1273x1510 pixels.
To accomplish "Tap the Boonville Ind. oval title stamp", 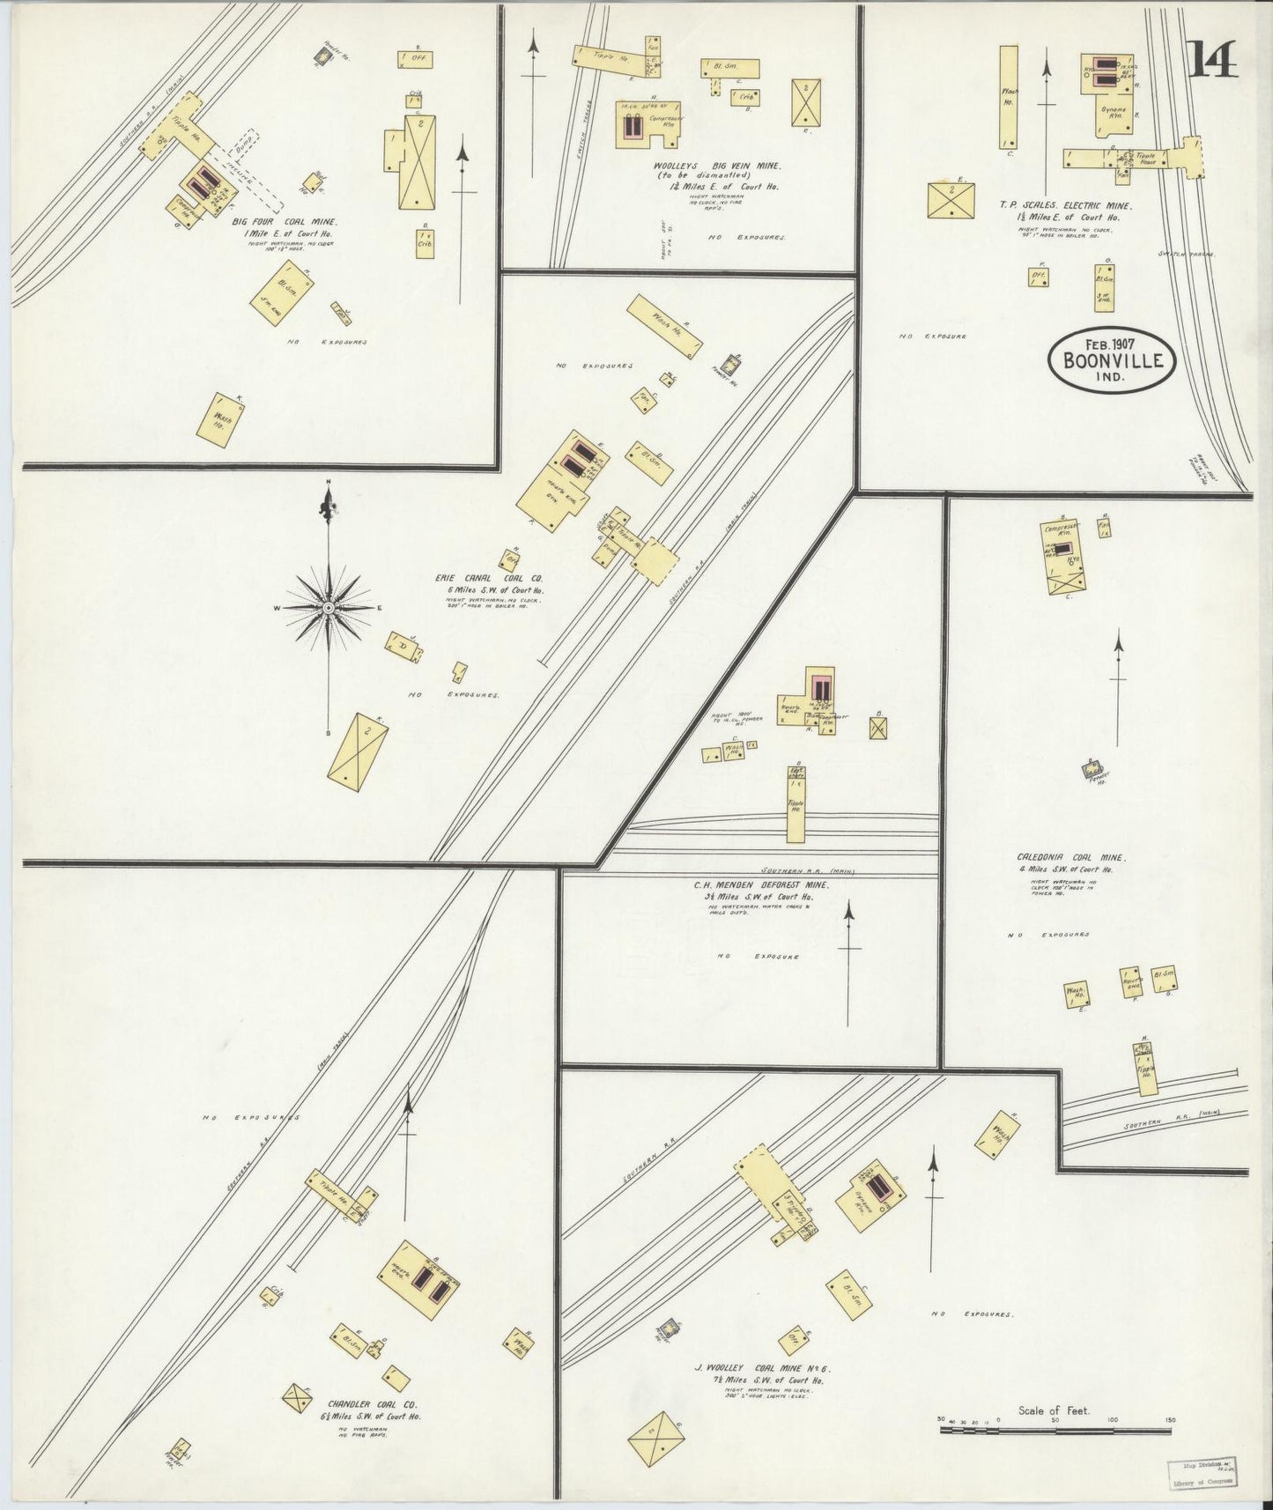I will point(1112,359).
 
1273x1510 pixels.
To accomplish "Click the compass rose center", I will point(329,607).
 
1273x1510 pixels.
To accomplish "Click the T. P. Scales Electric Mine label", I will point(1065,205).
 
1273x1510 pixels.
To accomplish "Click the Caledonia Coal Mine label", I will point(1071,856).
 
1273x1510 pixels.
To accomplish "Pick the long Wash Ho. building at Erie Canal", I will point(663,325).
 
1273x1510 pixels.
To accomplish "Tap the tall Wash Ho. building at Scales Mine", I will point(1009,97).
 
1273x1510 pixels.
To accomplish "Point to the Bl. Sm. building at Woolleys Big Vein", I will point(729,68).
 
